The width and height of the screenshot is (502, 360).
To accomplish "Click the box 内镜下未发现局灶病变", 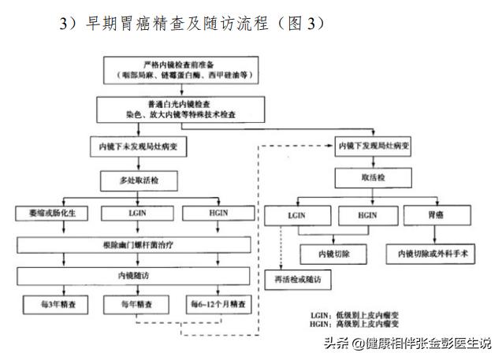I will [x=135, y=146].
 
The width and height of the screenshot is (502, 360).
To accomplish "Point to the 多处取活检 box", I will [x=135, y=180].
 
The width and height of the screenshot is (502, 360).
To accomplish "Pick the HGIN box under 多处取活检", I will [x=214, y=213].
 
